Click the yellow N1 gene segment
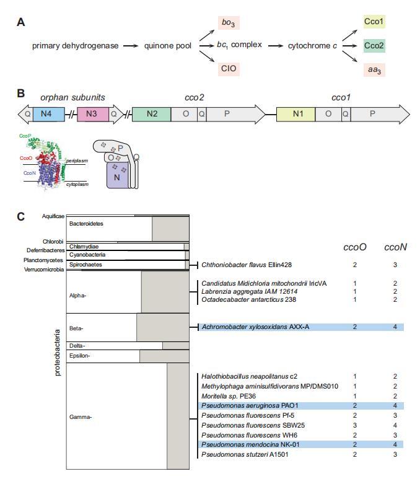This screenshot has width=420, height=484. [x=295, y=114]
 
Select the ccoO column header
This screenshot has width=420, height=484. [x=355, y=247]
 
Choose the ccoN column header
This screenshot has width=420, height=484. [x=395, y=247]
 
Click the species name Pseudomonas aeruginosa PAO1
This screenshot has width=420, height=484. [x=241, y=405]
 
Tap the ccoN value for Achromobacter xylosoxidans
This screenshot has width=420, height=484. [x=395, y=327]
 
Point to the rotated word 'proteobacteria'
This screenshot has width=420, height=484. [x=58, y=353]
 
